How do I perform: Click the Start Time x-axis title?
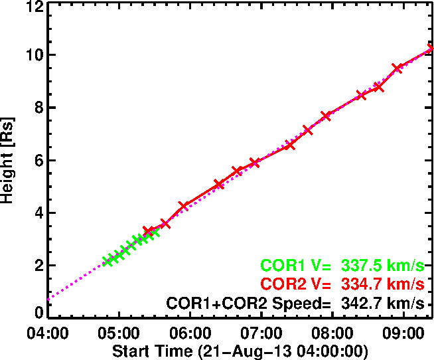point(240,350)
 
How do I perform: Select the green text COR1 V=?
point(296,266)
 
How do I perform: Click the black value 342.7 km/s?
point(382,304)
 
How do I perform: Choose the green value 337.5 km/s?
point(382,266)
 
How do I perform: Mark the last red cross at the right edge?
point(430,48)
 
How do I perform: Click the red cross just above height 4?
point(184,207)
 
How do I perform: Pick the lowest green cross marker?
point(108,261)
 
